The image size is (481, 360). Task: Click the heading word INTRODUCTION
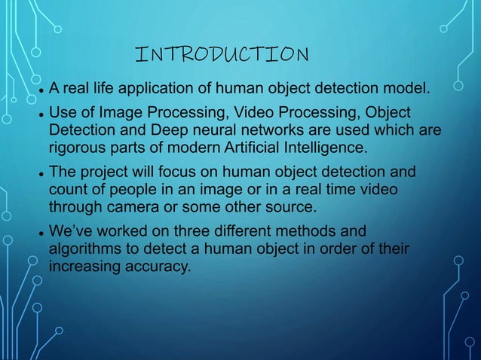[x=221, y=54]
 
